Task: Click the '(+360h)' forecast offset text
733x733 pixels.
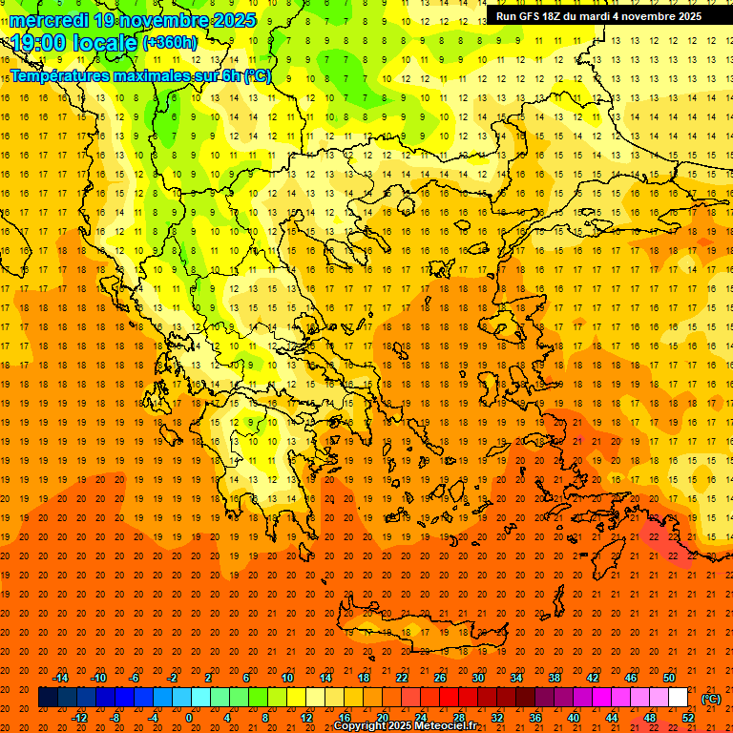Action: pyautogui.click(x=170, y=43)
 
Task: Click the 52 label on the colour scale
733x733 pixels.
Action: pyautogui.click(x=688, y=718)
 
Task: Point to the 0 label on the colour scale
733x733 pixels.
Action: pyautogui.click(x=189, y=718)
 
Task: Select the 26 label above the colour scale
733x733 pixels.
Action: pyautogui.click(x=440, y=678)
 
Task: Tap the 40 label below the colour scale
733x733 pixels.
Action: pyautogui.click(x=574, y=718)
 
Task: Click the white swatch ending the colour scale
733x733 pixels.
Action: pyautogui.click(x=678, y=698)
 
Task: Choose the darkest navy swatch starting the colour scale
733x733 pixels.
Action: pyautogui.click(x=48, y=698)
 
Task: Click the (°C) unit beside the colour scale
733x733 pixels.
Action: pyautogui.click(x=711, y=699)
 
